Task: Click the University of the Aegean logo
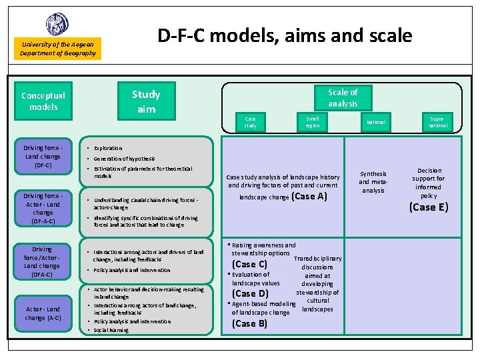57,24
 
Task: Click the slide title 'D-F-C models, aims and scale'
285,35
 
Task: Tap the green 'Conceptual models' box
43,101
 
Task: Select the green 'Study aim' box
146,101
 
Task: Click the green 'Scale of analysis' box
343,98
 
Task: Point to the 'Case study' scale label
250,122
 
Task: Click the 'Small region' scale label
313,122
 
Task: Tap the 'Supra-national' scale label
438,122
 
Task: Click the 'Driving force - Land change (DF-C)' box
43,156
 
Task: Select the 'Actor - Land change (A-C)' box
43,313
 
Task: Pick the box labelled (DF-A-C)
43,209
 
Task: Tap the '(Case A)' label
309,197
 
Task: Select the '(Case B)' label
249,323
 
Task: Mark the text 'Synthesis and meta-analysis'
373,182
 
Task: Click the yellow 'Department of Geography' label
58,53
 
